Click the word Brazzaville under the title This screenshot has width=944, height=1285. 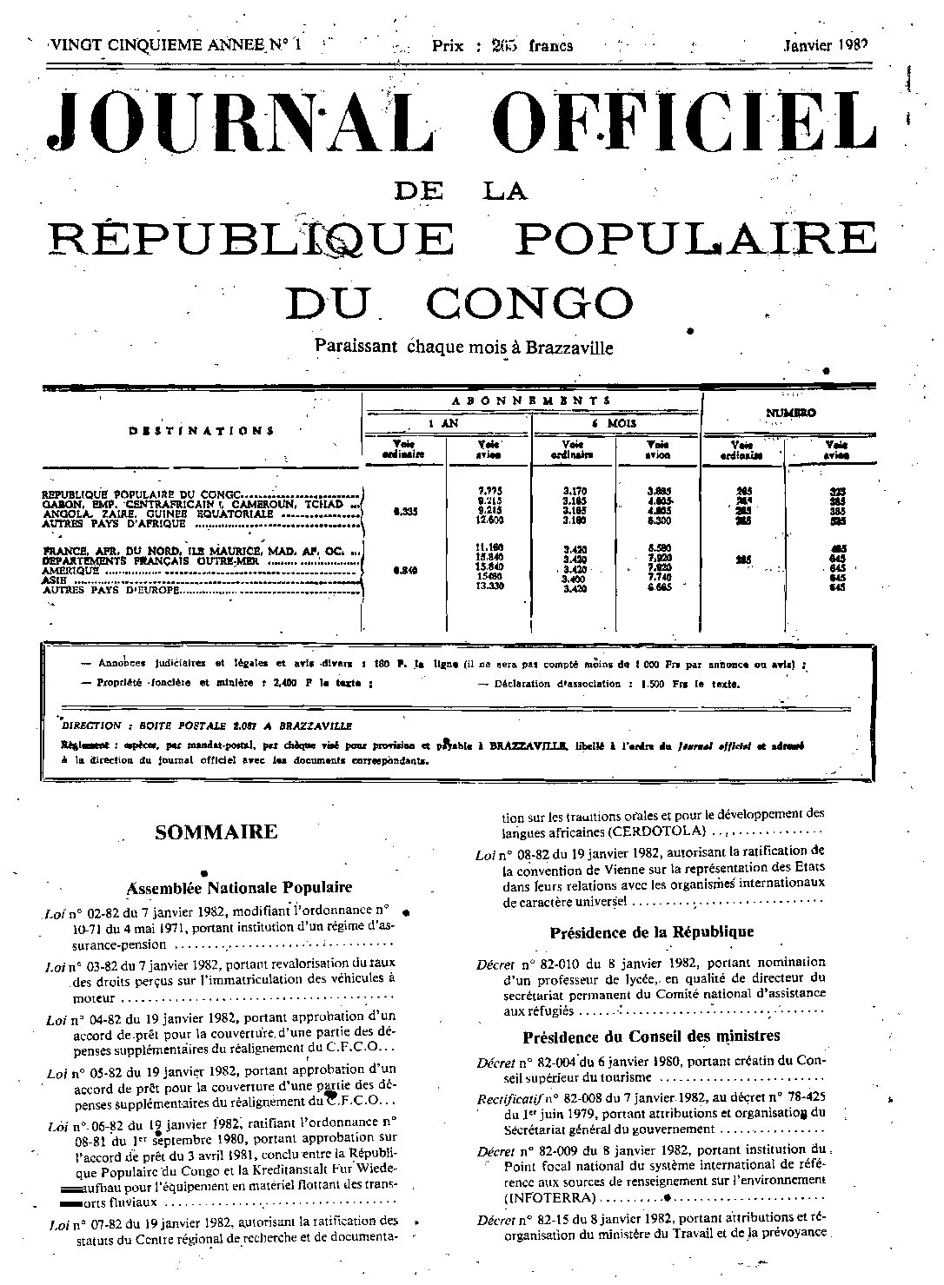(568, 348)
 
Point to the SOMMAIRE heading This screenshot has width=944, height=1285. (216, 832)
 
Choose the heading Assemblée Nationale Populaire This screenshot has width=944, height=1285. (240, 887)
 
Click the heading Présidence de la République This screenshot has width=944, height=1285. (651, 932)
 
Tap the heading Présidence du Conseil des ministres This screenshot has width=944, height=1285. (651, 1036)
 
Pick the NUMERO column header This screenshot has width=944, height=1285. (790, 414)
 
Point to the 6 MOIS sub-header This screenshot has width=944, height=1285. (616, 424)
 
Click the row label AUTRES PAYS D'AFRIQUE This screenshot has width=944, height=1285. (114, 524)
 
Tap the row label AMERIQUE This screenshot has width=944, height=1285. (71, 571)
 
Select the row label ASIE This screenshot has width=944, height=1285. (55, 580)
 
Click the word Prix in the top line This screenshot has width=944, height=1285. (448, 46)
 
